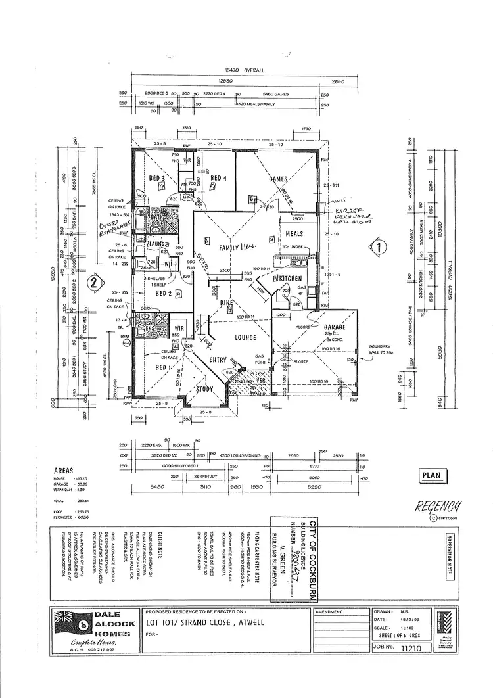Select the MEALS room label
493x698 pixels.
click(x=294, y=233)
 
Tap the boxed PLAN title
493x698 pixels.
click(x=431, y=475)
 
